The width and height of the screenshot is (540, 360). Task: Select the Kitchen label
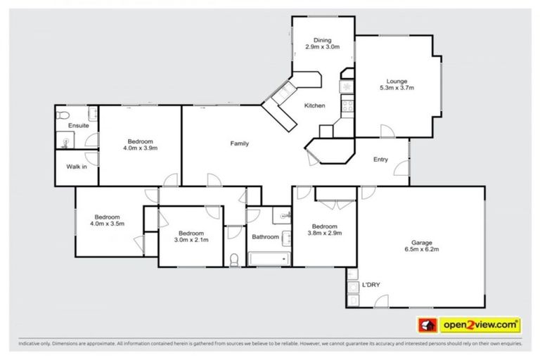coord(314,105)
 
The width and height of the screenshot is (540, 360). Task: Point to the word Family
coord(240,143)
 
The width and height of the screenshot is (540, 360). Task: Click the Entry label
coord(380,160)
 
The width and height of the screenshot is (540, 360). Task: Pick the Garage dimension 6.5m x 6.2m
coord(421,248)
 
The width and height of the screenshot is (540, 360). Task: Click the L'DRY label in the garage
coord(371,284)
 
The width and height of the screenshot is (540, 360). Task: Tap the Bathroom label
coord(266,237)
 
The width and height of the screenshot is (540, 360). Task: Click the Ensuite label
coord(79,125)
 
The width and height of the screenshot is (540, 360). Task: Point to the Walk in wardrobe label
coord(77,167)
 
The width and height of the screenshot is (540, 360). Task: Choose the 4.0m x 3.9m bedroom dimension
coord(140,148)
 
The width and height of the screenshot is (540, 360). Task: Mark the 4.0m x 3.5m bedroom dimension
coord(107,224)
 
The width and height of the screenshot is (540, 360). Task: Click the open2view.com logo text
coord(480,325)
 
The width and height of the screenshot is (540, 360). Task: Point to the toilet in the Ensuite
coord(63,115)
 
